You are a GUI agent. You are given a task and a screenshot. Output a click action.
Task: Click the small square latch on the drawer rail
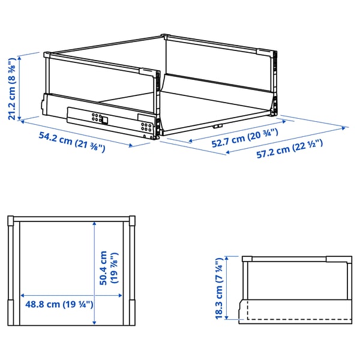pyautogui.click(x=104, y=120)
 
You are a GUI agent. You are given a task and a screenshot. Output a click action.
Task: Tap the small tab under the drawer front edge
pyautogui.click(x=217, y=126)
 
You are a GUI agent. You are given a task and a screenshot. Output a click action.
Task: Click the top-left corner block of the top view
pyautogui.click(x=11, y=220)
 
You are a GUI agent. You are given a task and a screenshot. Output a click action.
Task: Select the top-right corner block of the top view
pyautogui.click(x=132, y=220)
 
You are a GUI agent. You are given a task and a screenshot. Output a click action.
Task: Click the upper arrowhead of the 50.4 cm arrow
pyautogui.click(x=94, y=223)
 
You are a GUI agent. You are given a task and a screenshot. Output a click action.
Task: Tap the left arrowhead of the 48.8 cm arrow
pyautogui.click(x=23, y=296)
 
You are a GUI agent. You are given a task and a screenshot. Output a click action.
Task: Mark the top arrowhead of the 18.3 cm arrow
pyautogui.click(x=227, y=258)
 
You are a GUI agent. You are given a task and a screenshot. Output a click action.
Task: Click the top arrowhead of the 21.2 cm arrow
pyautogui.click(x=20, y=58)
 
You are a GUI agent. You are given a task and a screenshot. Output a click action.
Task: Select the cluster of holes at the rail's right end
pyautogui.click(x=146, y=127)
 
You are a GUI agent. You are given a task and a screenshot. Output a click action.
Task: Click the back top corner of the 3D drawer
pyautogui.click(x=164, y=36)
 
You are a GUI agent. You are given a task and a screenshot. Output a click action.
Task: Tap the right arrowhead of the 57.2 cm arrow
pyautogui.click(x=344, y=128)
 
